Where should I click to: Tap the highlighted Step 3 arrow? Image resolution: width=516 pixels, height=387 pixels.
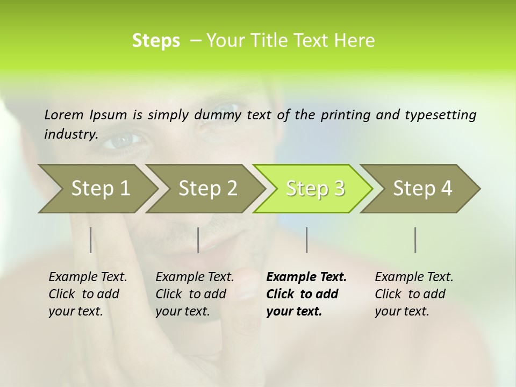[315, 188]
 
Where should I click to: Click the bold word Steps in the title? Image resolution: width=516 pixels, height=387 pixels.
[156, 41]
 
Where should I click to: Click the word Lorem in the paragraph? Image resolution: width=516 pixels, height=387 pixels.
[64, 114]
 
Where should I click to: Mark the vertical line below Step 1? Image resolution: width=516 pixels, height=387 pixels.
[91, 240]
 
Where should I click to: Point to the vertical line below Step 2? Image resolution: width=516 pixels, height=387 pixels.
[198, 240]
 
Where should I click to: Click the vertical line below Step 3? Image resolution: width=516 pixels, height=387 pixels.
[306, 240]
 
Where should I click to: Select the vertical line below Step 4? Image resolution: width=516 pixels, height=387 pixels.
[415, 240]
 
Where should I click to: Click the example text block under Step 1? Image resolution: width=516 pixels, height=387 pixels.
[88, 294]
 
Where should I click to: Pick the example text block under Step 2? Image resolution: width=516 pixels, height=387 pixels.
[195, 294]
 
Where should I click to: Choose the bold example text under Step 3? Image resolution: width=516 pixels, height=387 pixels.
[306, 294]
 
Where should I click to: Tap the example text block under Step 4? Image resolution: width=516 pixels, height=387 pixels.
[414, 294]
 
